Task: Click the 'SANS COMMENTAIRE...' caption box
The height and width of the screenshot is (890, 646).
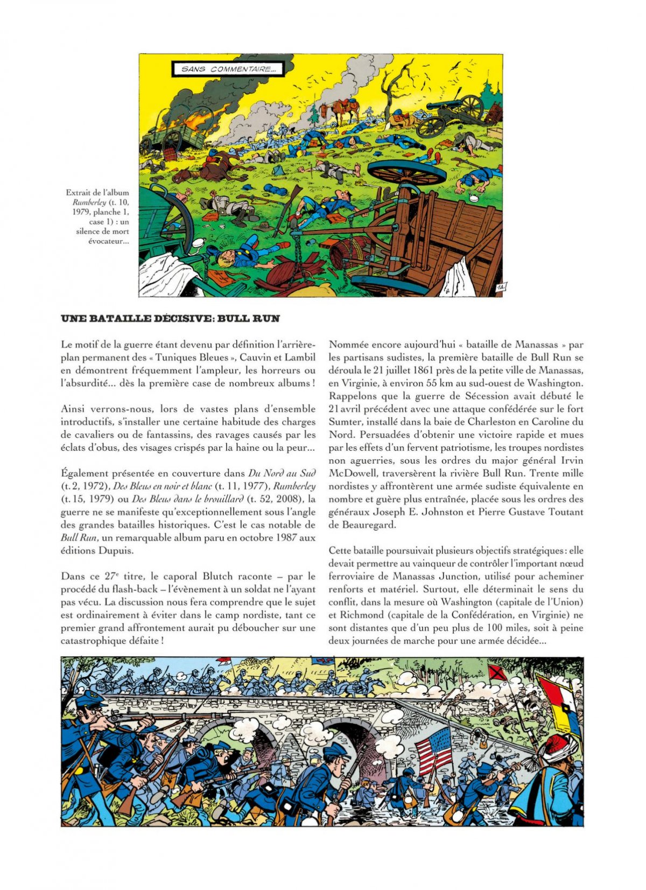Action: point(228,69)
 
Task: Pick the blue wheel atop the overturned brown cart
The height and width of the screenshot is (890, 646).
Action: point(407,172)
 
